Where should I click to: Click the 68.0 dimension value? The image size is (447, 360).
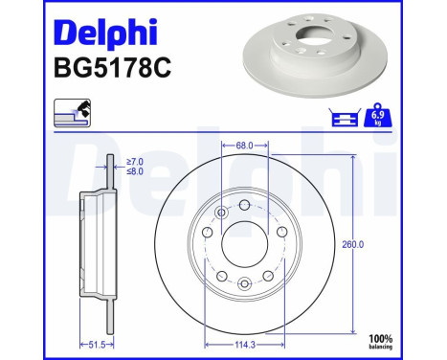pyautogui.click(x=243, y=146)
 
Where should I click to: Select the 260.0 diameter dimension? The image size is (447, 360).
pyautogui.click(x=353, y=245)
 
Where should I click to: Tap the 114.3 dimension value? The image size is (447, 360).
pyautogui.click(x=247, y=343)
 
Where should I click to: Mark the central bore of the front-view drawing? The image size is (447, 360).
pyautogui.click(x=245, y=243)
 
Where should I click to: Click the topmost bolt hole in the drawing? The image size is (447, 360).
pyautogui.click(x=245, y=206)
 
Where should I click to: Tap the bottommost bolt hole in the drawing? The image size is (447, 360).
pyautogui.click(x=245, y=281)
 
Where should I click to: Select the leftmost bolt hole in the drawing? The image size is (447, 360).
pyautogui.click(x=207, y=234)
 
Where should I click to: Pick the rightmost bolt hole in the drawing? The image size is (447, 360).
pyautogui.click(x=283, y=234)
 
